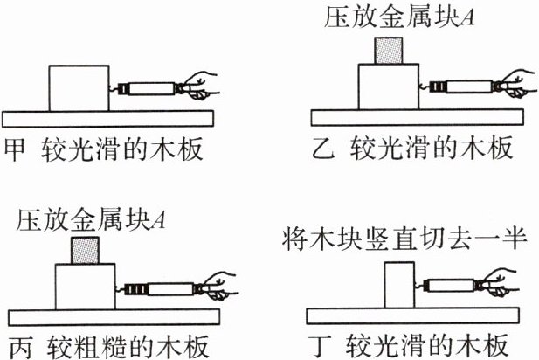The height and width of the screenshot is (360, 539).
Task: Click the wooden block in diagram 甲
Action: [79, 88]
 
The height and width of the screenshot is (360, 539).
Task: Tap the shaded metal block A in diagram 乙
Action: [389, 51]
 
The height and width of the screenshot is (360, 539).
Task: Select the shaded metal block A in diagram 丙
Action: [86, 250]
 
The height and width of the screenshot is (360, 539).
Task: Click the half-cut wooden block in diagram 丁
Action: [399, 285]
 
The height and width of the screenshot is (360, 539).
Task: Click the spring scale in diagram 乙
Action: [460, 87]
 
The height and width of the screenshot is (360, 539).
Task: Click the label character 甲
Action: [15, 149]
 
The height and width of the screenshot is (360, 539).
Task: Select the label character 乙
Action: [323, 149]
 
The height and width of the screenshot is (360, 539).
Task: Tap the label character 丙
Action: [20, 348]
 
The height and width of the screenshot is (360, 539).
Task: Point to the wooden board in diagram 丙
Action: [114, 317]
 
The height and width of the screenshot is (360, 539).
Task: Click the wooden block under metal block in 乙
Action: [389, 87]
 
